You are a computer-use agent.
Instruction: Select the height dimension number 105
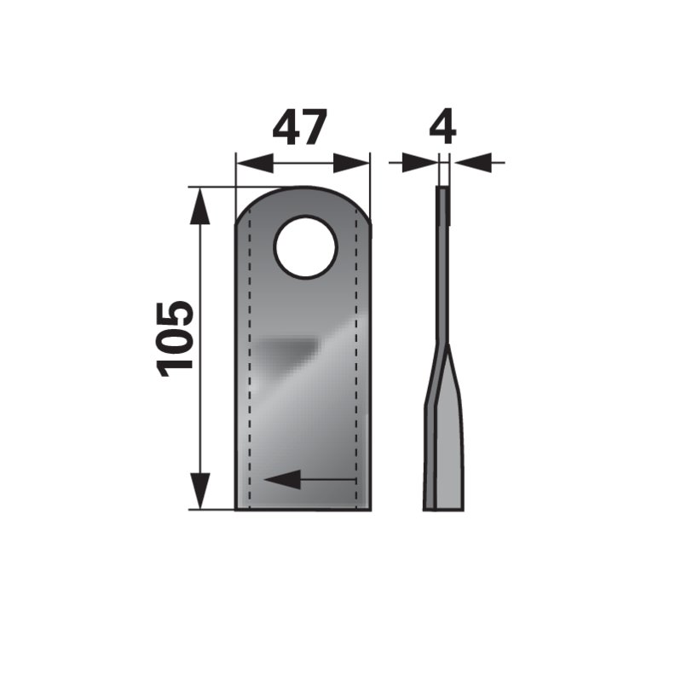click(176, 338)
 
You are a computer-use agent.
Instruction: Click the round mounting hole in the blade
click(306, 246)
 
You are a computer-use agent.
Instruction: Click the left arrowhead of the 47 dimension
click(254, 163)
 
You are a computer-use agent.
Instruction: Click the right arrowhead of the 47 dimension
click(350, 163)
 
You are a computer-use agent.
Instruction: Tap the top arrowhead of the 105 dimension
click(200, 205)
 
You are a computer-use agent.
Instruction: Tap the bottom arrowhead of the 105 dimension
click(200, 491)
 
